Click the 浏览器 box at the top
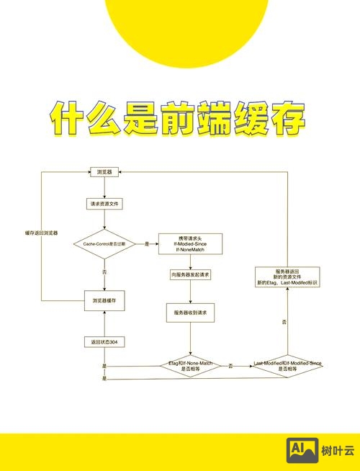[105, 172]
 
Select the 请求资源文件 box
[105, 204]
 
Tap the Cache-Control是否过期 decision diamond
[104, 244]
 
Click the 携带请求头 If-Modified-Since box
[191, 244]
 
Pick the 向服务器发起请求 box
[191, 275]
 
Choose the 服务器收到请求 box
[191, 313]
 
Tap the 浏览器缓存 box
[105, 300]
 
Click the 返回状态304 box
[105, 341]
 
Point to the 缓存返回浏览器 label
[41, 233]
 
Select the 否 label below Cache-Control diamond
[104, 272]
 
